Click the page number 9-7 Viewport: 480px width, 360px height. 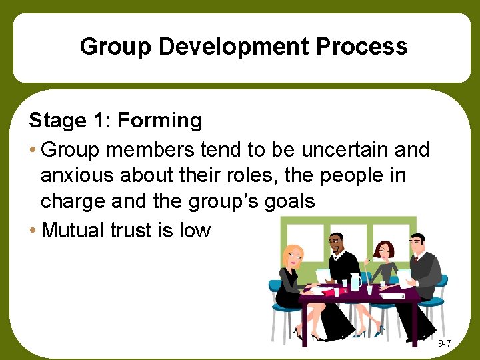pyautogui.click(x=445, y=343)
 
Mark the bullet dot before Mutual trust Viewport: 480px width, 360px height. pyautogui.click(x=33, y=231)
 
